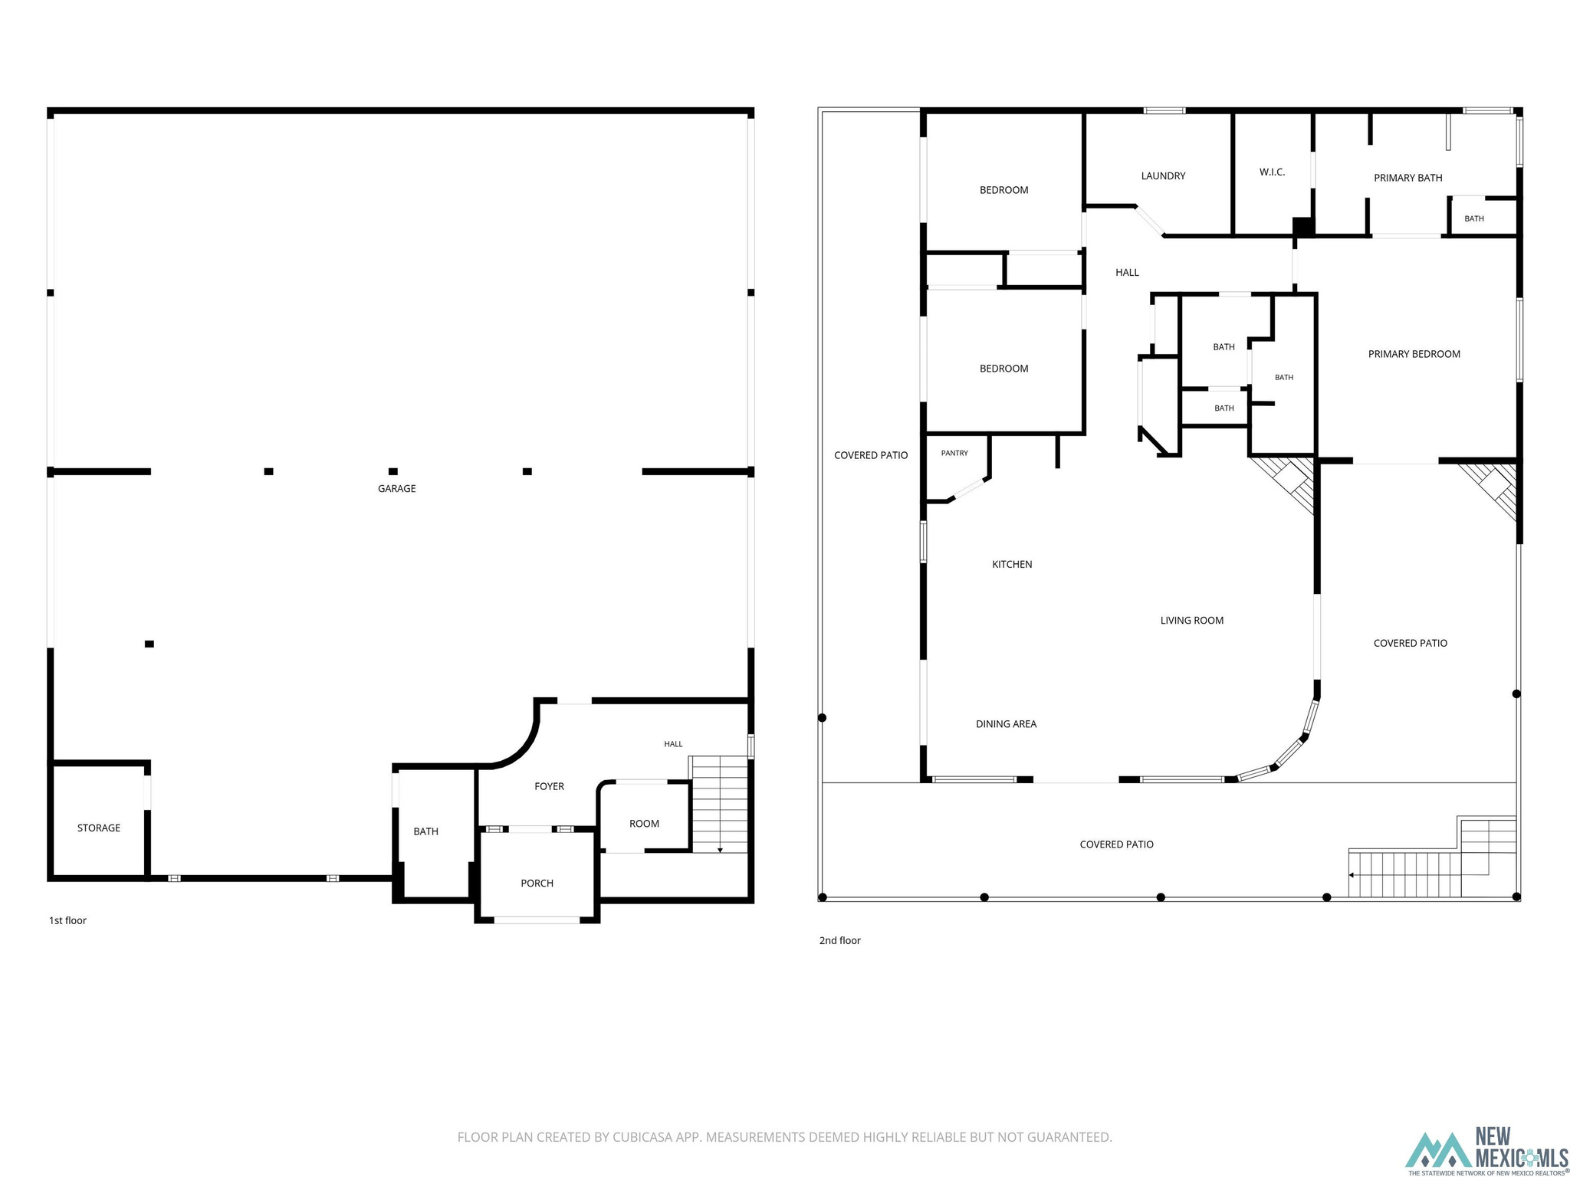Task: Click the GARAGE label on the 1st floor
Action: coord(396,488)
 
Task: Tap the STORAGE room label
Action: coord(99,828)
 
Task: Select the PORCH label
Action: coord(537,883)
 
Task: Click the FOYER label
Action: coord(549,786)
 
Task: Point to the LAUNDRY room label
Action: coord(1163,175)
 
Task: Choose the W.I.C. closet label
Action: coord(1272,172)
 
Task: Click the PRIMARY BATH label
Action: coord(1407,178)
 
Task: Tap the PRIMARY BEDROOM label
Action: coord(1414,354)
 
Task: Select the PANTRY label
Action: coord(954,453)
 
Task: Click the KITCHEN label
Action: coord(1012,564)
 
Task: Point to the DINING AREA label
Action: coord(1006,723)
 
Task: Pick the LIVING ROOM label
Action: coord(1191,620)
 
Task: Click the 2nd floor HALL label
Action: coord(1127,272)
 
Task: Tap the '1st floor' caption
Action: coord(67,920)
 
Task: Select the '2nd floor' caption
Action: coord(839,940)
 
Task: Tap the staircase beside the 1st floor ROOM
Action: coord(718,805)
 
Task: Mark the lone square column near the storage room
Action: coord(149,644)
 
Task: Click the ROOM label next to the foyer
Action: coord(644,824)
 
